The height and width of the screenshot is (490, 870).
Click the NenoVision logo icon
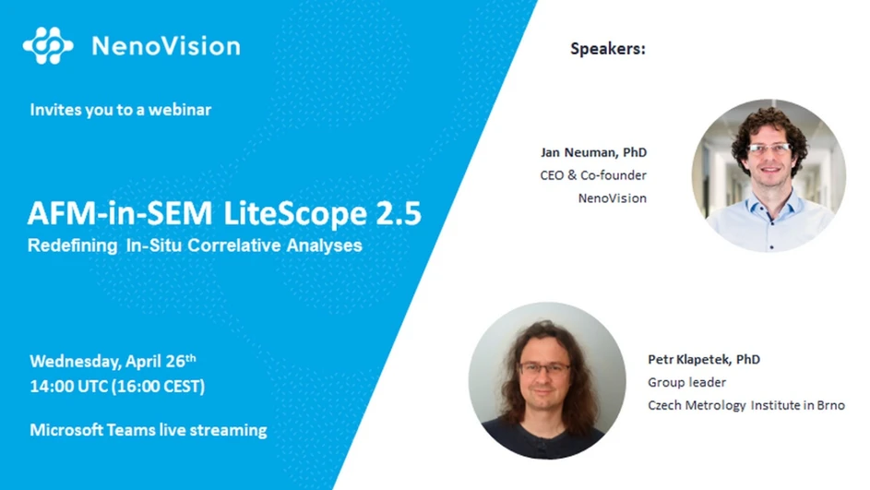(48, 45)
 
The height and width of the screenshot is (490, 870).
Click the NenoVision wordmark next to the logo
(165, 46)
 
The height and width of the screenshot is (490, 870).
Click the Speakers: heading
(608, 49)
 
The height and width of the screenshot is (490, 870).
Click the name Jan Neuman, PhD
(593, 151)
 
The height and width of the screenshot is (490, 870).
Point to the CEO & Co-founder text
(593, 174)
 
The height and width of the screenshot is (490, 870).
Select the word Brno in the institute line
(828, 405)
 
